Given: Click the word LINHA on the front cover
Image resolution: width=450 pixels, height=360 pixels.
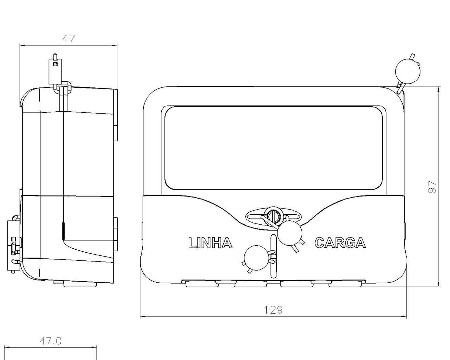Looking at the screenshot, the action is pyautogui.click(x=210, y=243).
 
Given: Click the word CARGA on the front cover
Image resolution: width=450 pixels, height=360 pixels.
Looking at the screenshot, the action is pyautogui.click(x=340, y=243).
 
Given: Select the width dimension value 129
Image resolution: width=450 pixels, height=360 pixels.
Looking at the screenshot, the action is pyautogui.click(x=273, y=310).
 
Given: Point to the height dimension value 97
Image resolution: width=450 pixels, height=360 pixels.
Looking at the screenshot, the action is pyautogui.click(x=433, y=187).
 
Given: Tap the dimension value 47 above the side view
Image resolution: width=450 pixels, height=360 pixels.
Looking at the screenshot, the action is pyautogui.click(x=68, y=39).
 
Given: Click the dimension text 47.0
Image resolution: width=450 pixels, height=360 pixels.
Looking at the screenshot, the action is pyautogui.click(x=50, y=341).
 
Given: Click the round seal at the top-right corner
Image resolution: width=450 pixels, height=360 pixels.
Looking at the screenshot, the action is pyautogui.click(x=408, y=71).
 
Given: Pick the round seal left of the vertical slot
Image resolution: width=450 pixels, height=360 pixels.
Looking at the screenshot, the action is pyautogui.click(x=256, y=258).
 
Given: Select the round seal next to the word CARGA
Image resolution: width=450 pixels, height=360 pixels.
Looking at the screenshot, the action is pyautogui.click(x=290, y=233).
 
